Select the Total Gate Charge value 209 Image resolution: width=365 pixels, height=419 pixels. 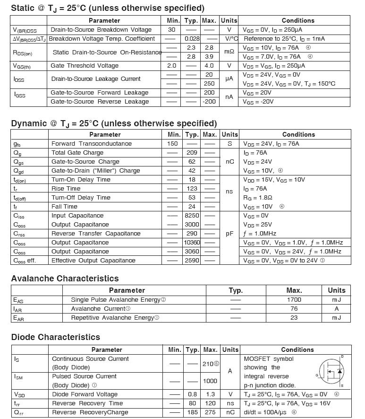tap(192, 153)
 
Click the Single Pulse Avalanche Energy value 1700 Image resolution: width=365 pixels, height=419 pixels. tap(294, 300)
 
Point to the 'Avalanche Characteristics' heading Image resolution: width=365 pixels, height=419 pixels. tap(65, 279)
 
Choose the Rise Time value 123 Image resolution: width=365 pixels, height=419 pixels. tap(192, 189)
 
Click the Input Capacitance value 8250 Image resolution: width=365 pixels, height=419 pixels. tap(192, 216)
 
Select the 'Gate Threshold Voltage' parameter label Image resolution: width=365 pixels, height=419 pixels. tap(85, 66)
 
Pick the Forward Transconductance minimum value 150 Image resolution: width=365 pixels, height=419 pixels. tap(173, 144)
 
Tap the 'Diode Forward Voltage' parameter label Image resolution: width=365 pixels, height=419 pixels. tap(85, 394)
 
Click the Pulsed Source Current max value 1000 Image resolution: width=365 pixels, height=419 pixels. tap(210, 381)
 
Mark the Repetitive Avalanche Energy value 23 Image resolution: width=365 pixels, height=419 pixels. tap(294, 318)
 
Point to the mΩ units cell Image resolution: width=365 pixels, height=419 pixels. tap(229, 52)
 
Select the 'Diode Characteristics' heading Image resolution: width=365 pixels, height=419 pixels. tap(56, 337)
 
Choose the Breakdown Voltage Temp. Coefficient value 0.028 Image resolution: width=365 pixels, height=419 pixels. tap(192, 39)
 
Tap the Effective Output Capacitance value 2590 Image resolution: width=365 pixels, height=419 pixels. tap(192, 261)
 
